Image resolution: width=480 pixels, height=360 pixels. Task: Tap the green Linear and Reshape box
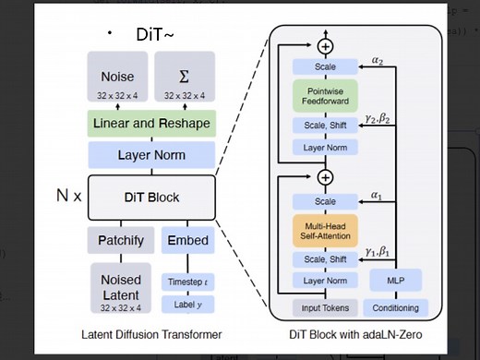pyautogui.click(x=152, y=124)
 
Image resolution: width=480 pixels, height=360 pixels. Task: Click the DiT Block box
pyautogui.click(x=152, y=198)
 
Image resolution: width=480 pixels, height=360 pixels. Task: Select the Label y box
pyautogui.click(x=187, y=305)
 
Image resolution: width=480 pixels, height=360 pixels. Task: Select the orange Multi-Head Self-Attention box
pyautogui.click(x=324, y=231)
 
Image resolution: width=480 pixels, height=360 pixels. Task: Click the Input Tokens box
pyautogui.click(x=324, y=307)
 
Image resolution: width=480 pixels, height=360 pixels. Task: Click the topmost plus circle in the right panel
pyautogui.click(x=324, y=46)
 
